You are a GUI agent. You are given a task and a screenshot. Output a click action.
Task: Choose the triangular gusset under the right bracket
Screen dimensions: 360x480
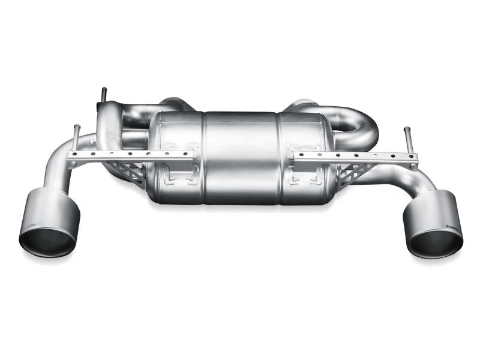tap(348, 174)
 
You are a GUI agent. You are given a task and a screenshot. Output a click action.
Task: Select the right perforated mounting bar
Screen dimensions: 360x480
tap(360, 157)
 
